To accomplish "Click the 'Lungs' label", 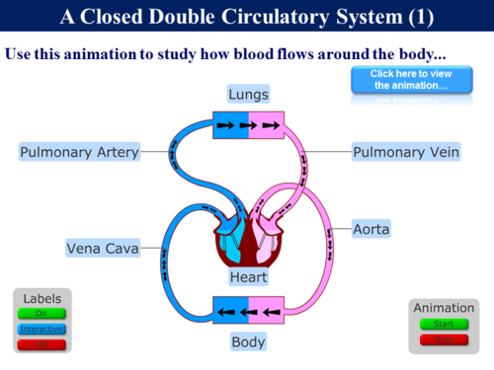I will (x=249, y=95).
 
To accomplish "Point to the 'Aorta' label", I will (x=371, y=229).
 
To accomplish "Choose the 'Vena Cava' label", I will (x=102, y=247).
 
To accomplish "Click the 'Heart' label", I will (x=248, y=278).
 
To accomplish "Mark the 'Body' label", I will (x=248, y=342).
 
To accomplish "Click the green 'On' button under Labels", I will (x=41, y=314).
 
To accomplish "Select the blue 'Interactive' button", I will (x=41, y=329).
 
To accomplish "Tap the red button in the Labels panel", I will (x=41, y=343).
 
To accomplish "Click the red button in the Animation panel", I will (x=437, y=339).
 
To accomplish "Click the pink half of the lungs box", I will (x=266, y=125).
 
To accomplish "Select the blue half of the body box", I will (x=230, y=312).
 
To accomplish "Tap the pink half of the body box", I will (x=266, y=312).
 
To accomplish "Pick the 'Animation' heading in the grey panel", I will (x=437, y=306).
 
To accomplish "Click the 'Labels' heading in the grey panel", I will (x=41, y=298).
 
